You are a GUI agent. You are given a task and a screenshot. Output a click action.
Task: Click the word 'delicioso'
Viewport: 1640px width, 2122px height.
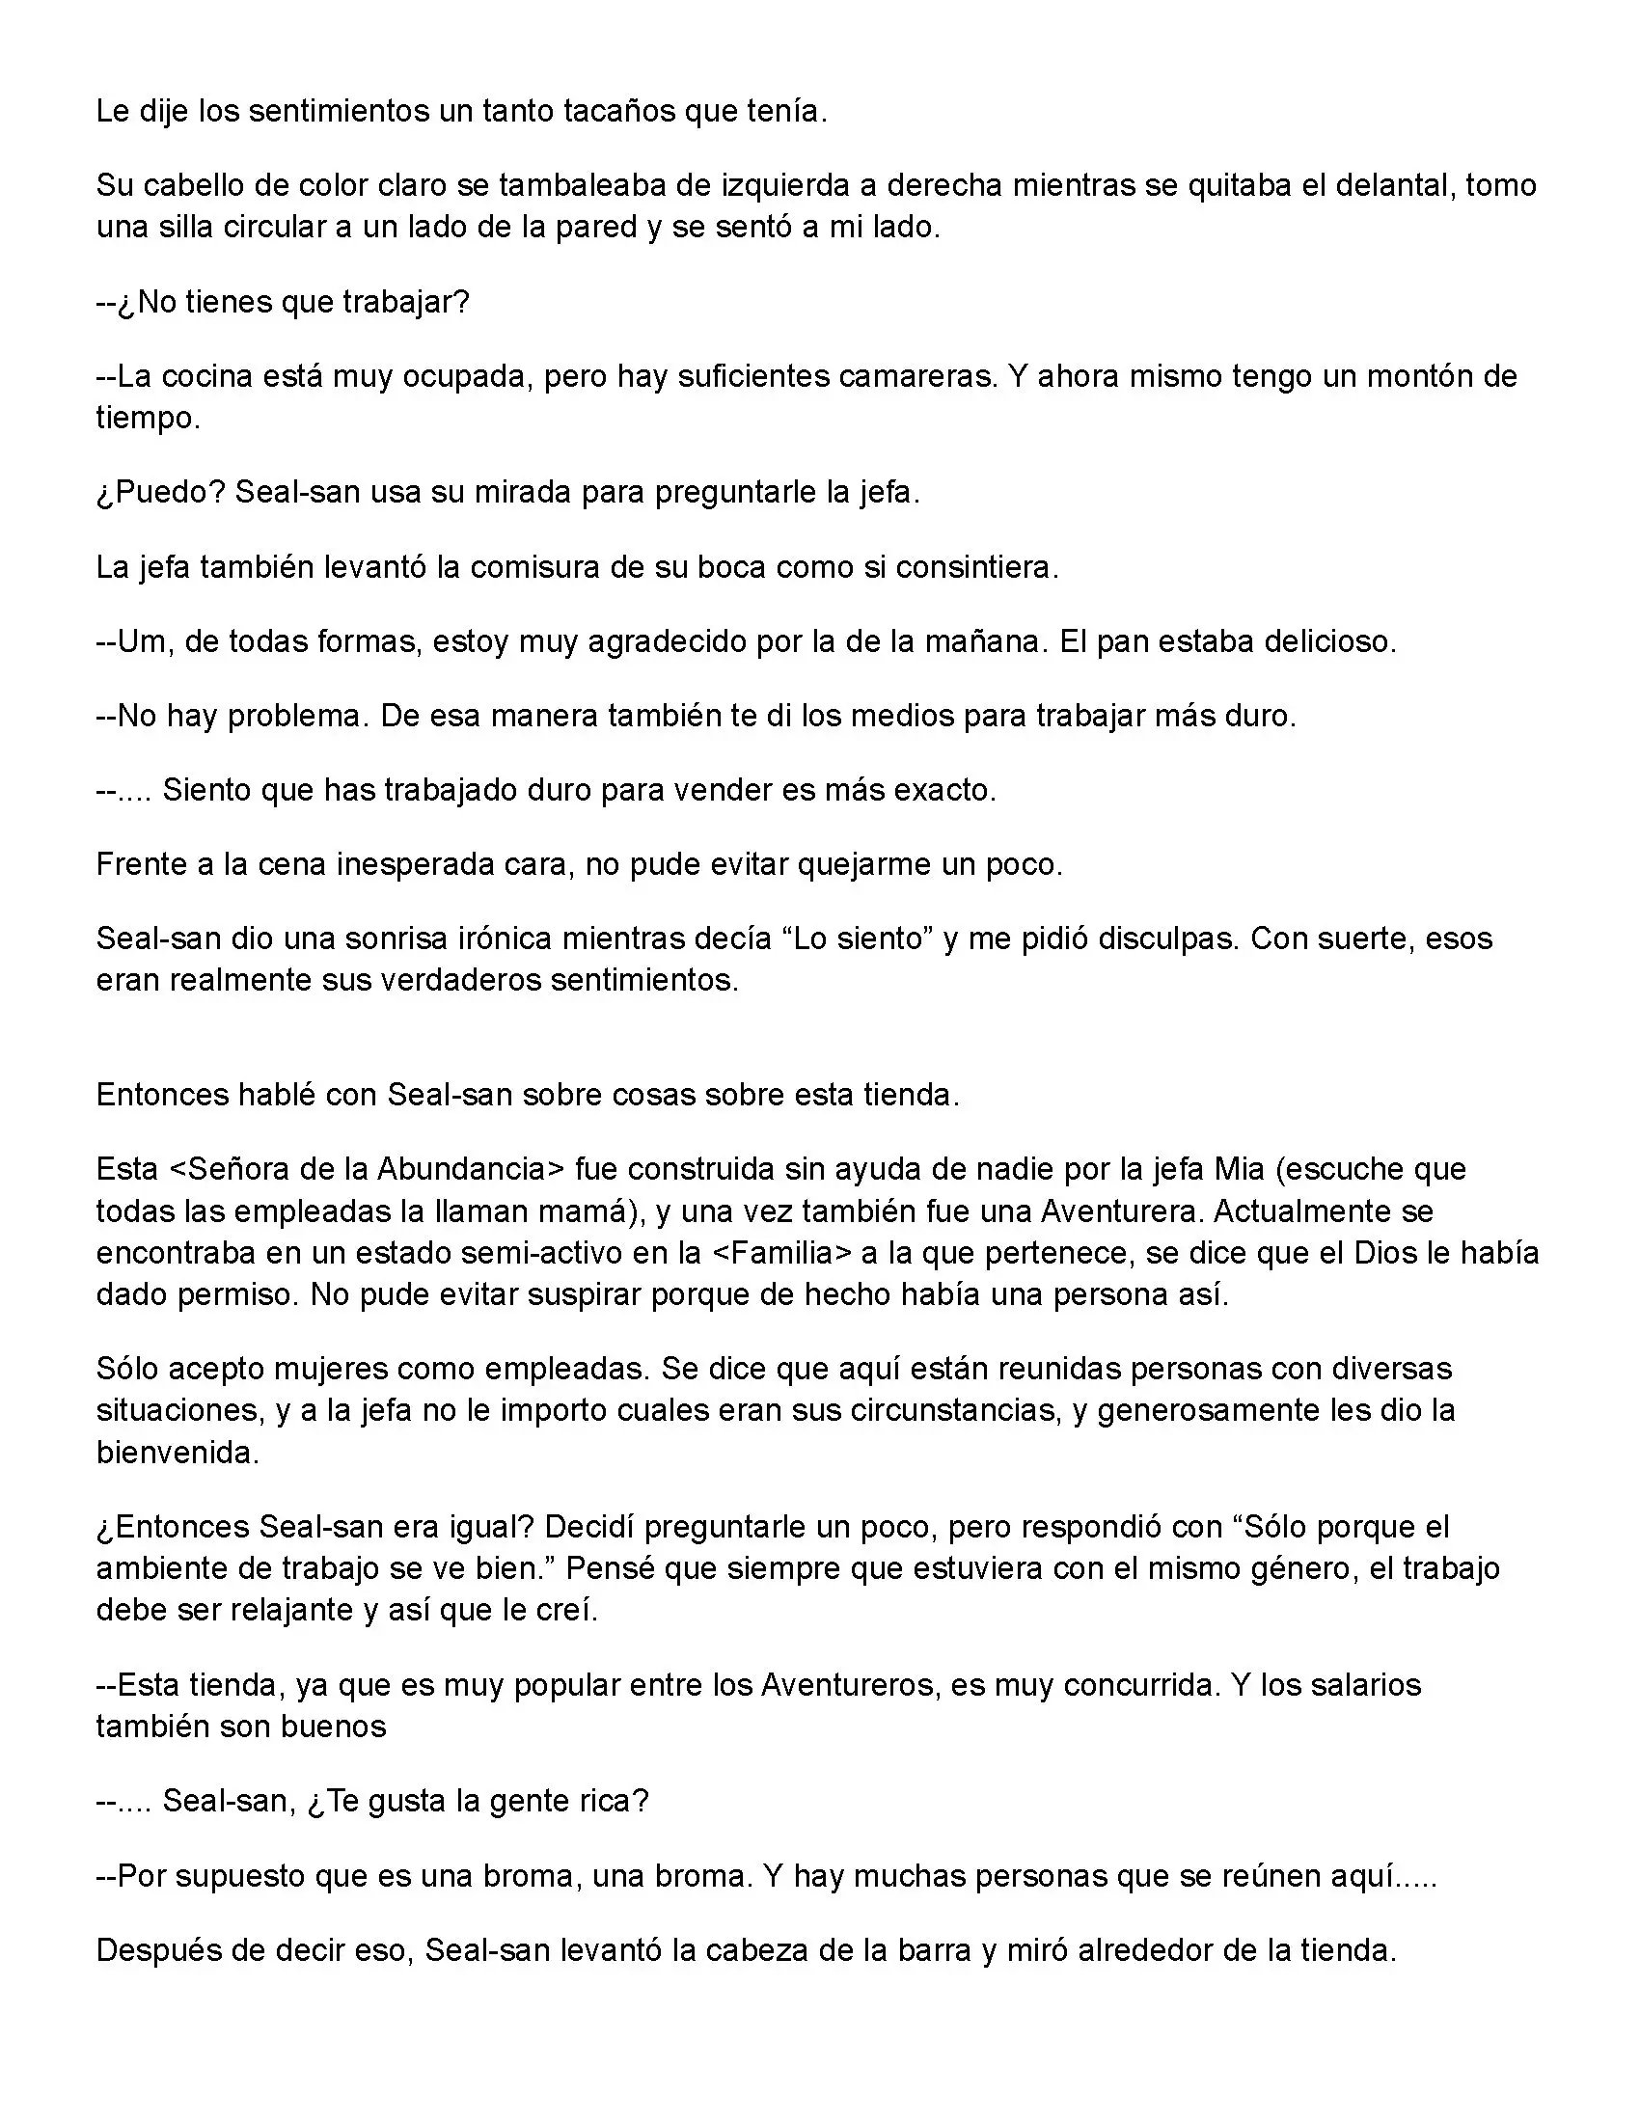1328,642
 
